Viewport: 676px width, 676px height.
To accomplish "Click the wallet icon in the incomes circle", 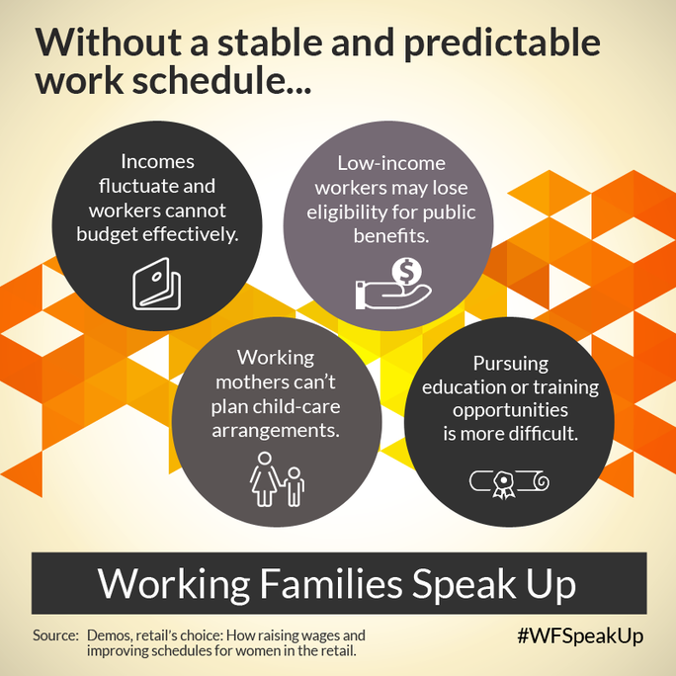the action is [156, 284].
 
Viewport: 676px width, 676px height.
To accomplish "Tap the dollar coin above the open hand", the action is [406, 272].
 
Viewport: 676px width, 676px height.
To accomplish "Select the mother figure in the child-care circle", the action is [264, 478].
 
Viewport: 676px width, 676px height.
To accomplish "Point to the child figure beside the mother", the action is [295, 486].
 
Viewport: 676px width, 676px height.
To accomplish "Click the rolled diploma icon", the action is [509, 483].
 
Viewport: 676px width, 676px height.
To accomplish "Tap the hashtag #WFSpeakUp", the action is [580, 636].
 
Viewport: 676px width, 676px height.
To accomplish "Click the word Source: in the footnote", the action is [55, 635].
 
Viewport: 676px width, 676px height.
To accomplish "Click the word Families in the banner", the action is [331, 584].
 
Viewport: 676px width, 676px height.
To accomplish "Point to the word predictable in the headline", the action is [502, 43].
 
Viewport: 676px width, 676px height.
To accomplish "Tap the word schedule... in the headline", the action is [221, 80].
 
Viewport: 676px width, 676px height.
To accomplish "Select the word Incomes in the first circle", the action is [157, 162].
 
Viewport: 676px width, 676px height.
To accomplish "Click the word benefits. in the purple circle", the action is [391, 236].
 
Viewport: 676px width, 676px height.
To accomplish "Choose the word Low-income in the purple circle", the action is [391, 163].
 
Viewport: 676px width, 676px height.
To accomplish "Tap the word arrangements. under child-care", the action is [276, 431].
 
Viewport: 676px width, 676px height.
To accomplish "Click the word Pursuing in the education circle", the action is [511, 364].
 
